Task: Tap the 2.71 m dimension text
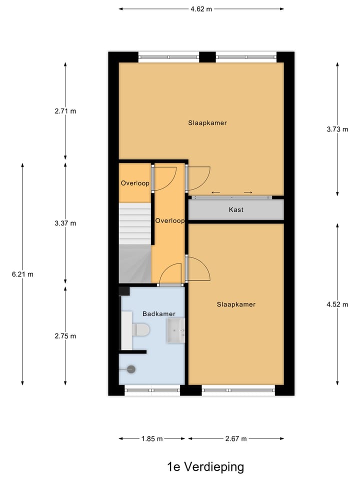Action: [65, 111]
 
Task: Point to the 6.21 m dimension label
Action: [23, 274]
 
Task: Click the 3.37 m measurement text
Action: [65, 223]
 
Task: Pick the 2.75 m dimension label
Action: [65, 336]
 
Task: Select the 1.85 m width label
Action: [152, 439]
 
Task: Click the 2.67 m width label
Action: [236, 439]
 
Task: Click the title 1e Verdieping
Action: [205, 467]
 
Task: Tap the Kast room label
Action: [236, 210]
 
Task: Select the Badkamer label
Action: [158, 314]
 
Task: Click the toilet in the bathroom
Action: [139, 330]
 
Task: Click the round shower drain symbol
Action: [131, 369]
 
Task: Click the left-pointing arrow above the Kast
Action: [216, 192]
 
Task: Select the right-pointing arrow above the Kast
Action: [248, 192]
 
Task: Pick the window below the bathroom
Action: [152, 390]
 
